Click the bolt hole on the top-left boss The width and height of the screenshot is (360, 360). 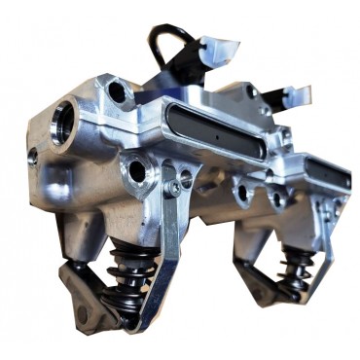point(119,92)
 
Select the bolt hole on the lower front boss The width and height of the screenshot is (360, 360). point(137,173)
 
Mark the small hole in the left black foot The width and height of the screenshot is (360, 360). point(82,313)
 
